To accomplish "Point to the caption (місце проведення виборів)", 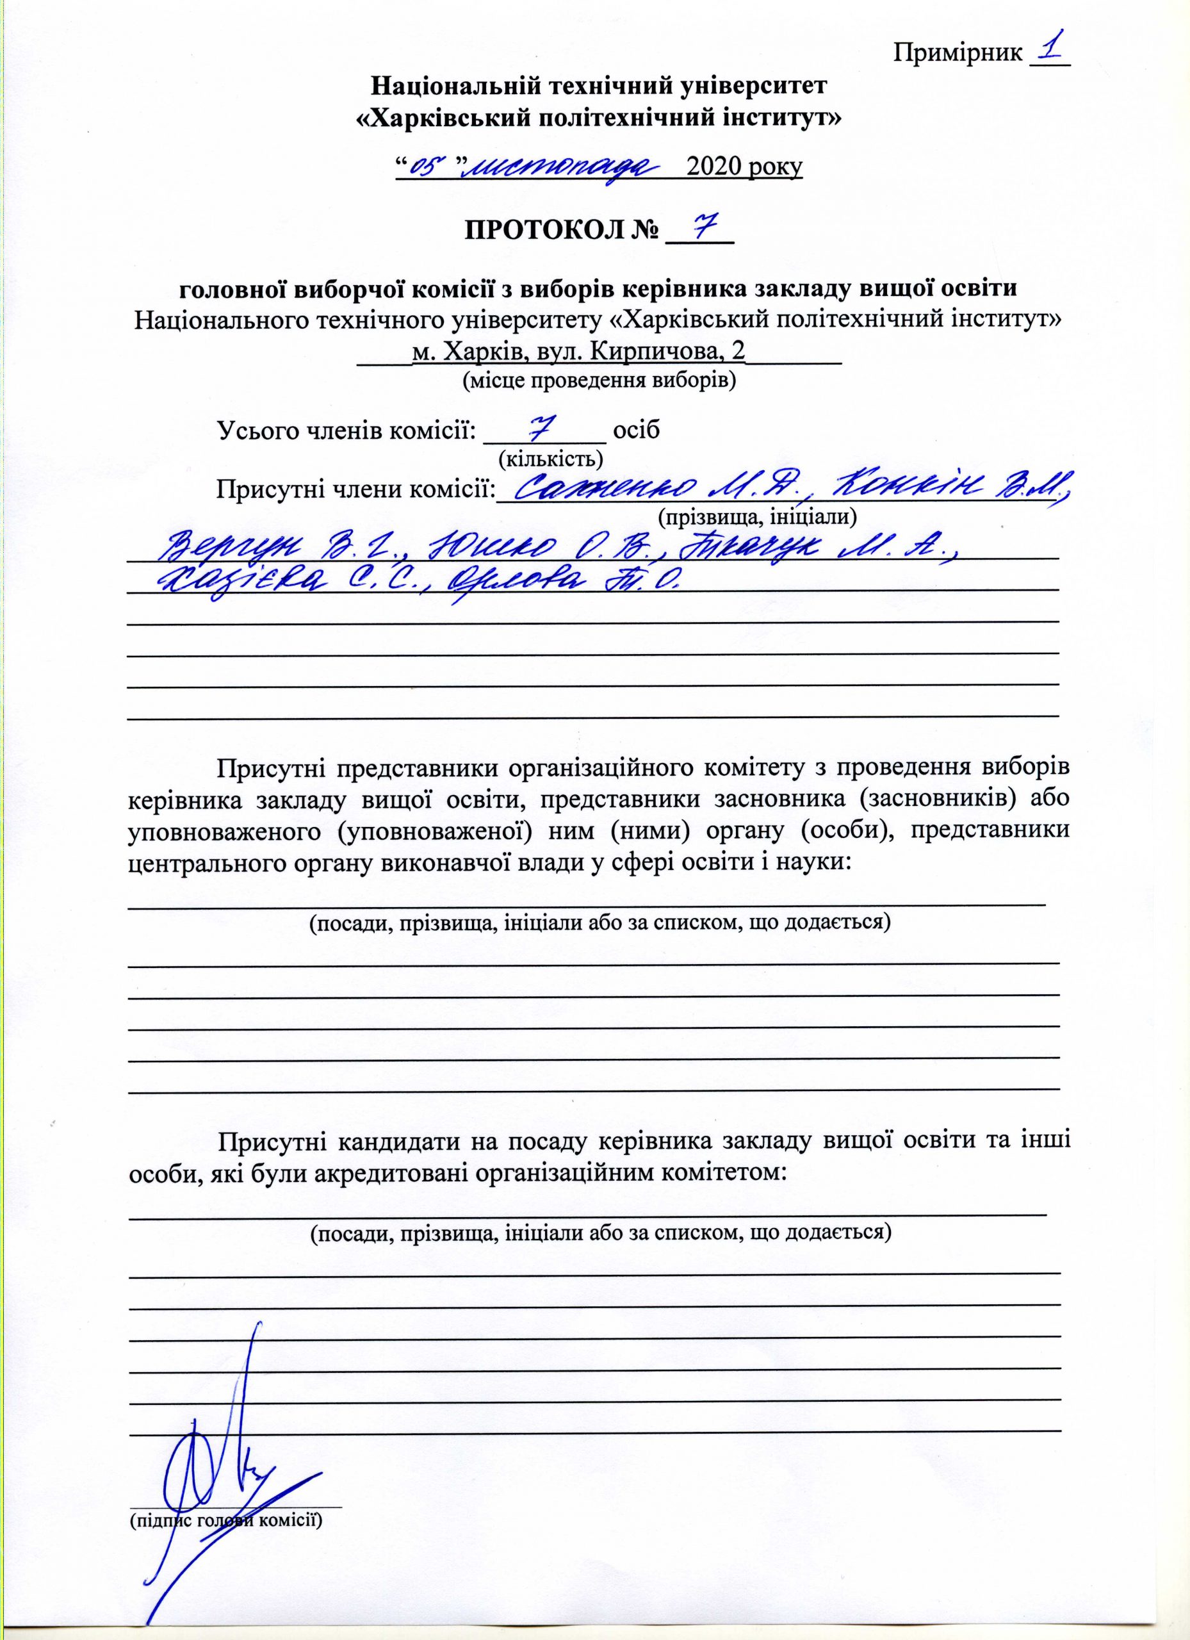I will (x=599, y=381).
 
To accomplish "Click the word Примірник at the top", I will (x=959, y=53).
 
